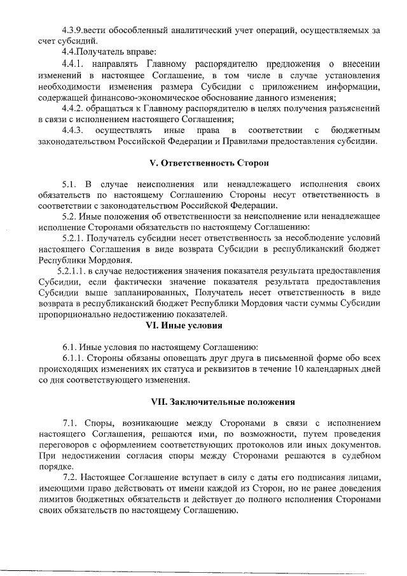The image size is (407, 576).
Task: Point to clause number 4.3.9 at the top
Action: pyautogui.click(x=75, y=29)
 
